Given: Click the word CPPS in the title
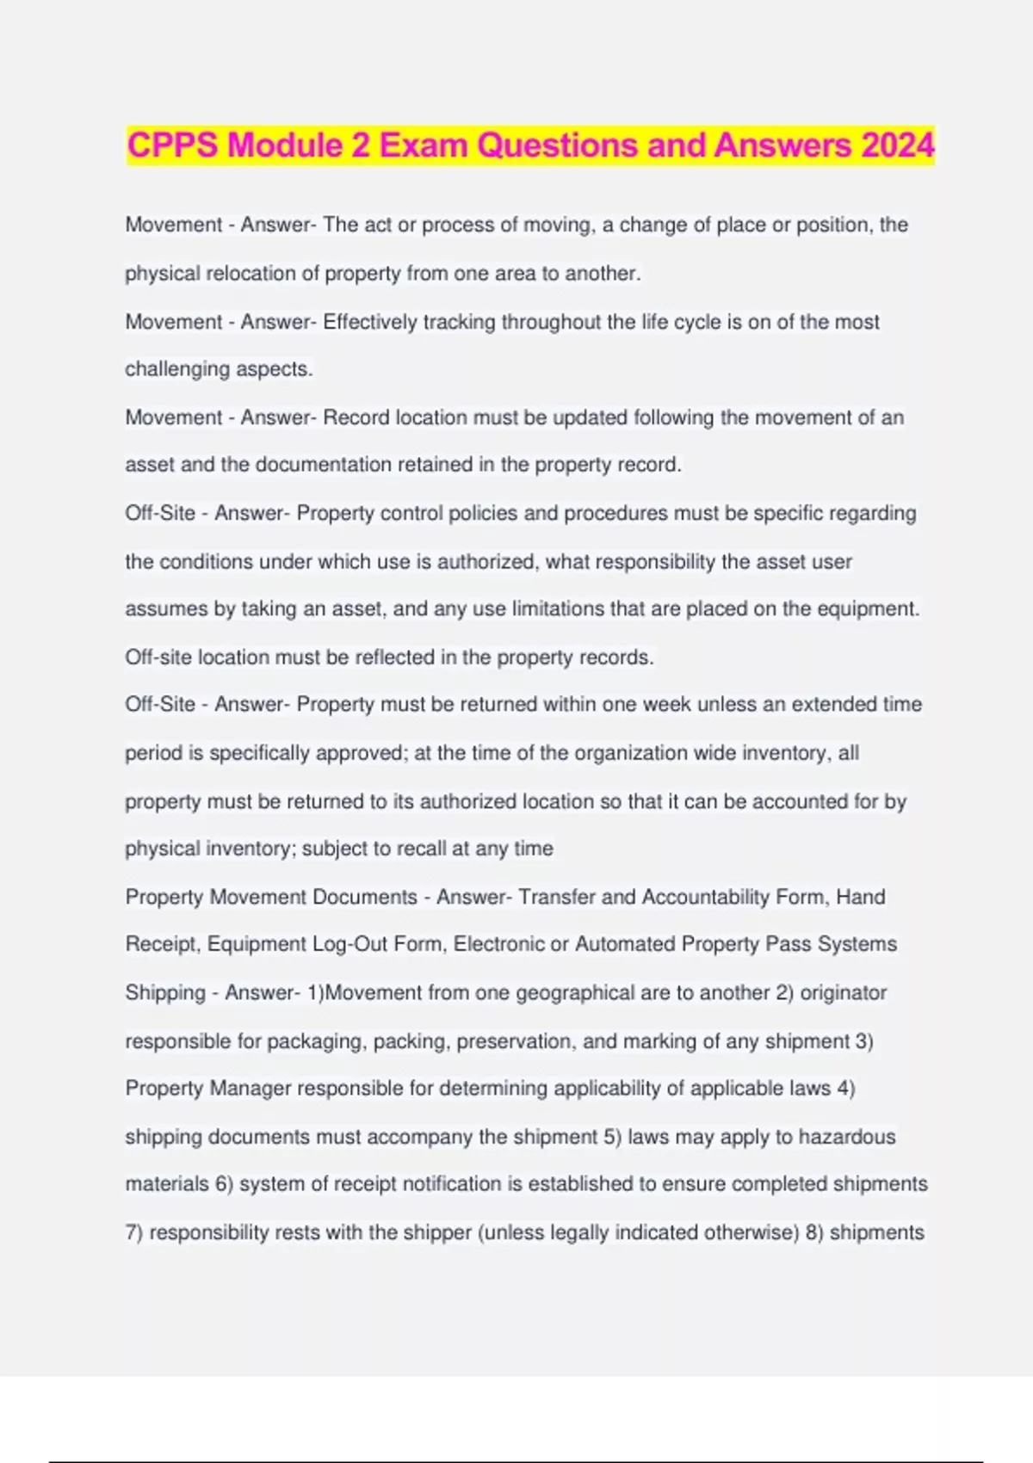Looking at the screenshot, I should [x=173, y=145].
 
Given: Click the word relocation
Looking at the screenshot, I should [x=247, y=274].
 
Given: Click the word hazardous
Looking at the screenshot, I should [x=847, y=1137].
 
